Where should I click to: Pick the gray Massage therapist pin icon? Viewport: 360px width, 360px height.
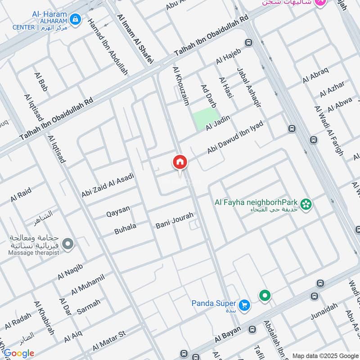point(68,244)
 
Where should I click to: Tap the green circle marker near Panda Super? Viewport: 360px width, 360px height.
point(265,296)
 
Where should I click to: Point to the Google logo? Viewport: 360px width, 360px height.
point(19,353)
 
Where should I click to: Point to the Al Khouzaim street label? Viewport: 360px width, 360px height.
point(181,87)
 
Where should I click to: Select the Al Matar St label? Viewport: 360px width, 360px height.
point(108,342)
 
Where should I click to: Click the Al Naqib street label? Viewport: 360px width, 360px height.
point(71,271)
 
